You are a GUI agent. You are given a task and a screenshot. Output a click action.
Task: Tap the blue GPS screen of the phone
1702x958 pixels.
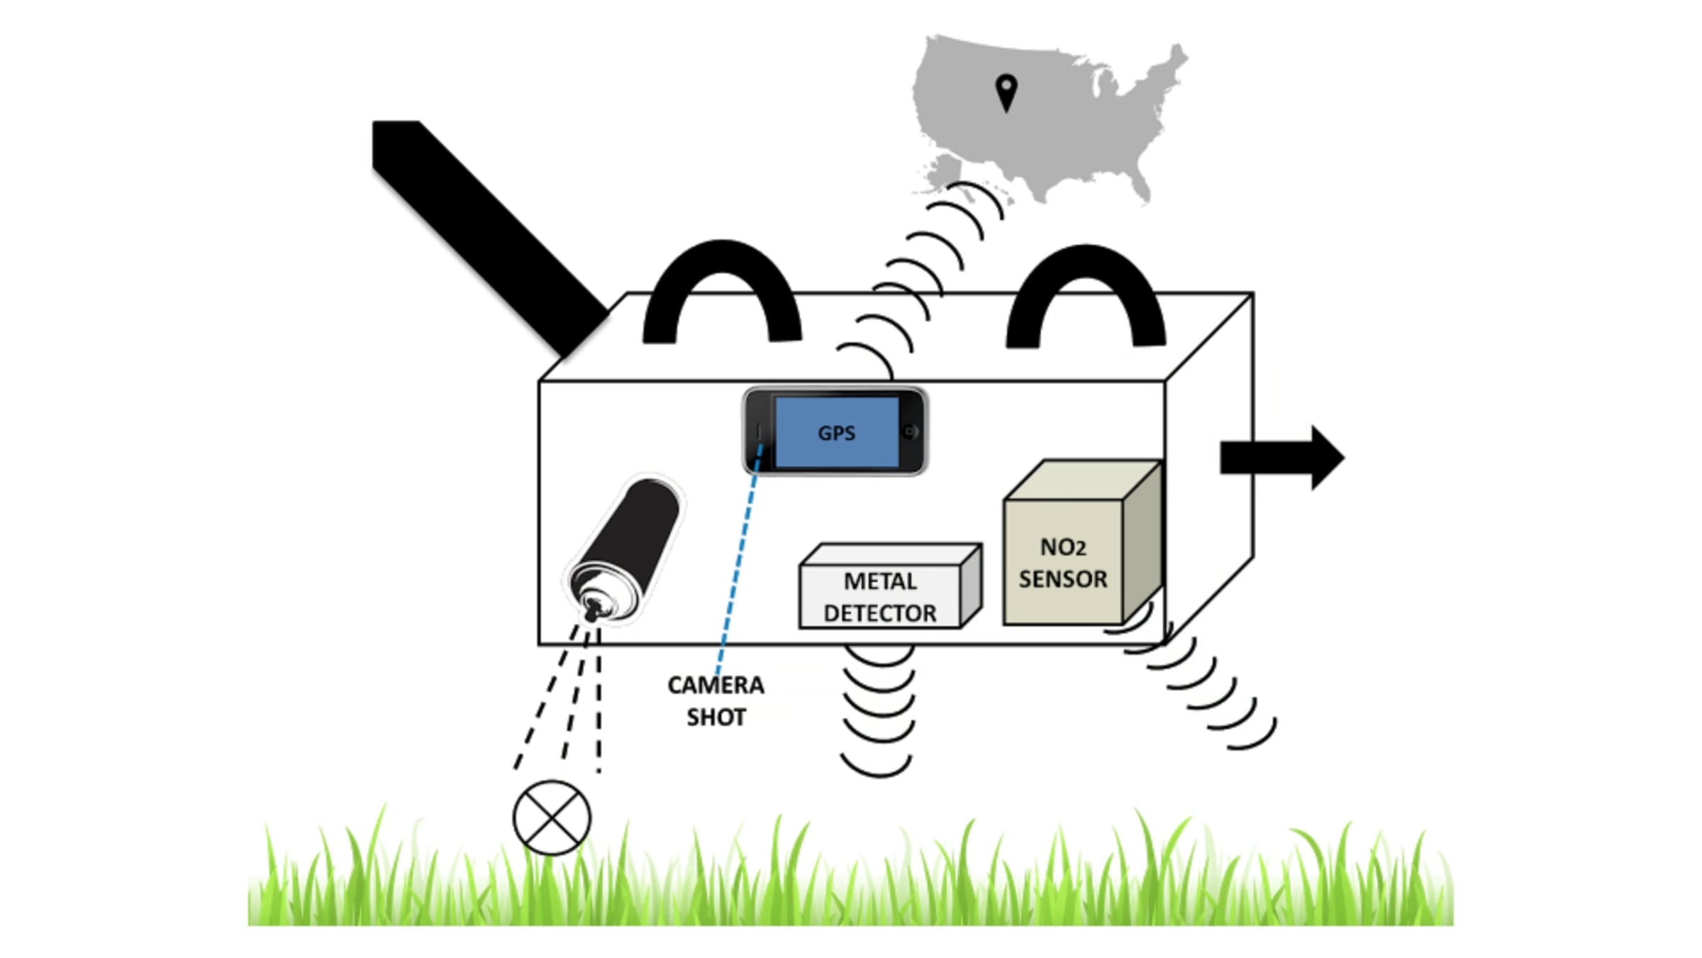click(837, 432)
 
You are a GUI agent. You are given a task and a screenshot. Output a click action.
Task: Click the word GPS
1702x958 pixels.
click(837, 433)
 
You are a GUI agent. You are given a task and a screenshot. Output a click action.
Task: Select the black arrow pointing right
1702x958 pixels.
click(1282, 458)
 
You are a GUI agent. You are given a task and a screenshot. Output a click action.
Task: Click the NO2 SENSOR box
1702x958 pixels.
click(1082, 543)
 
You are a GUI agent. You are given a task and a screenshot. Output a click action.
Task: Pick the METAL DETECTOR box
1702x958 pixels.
click(890, 586)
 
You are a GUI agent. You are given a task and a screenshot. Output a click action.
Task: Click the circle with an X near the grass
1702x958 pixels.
click(552, 817)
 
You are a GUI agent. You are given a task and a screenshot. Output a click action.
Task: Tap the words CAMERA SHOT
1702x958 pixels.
click(716, 701)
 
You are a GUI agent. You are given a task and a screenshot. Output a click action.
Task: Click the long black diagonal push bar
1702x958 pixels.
click(489, 238)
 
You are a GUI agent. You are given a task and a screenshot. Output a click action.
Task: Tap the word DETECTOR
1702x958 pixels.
click(880, 613)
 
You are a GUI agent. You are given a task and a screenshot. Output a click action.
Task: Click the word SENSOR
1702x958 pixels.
click(1063, 579)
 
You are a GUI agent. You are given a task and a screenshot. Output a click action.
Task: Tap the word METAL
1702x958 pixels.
click(880, 581)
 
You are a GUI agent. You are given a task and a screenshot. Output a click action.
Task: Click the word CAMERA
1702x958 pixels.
click(716, 685)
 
